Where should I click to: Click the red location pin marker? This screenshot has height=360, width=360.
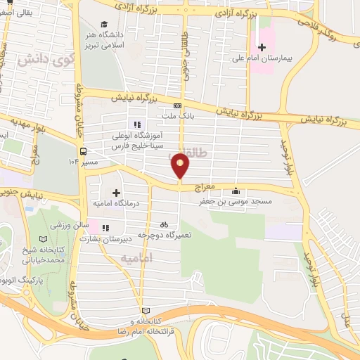tap(181, 166)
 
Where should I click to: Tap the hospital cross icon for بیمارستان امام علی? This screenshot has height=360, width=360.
tap(262, 47)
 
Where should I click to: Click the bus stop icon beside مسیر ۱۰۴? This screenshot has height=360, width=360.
tap(84, 151)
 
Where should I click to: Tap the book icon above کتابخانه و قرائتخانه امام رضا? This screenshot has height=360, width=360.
tap(146, 310)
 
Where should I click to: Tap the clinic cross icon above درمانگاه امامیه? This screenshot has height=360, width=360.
tap(116, 192)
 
